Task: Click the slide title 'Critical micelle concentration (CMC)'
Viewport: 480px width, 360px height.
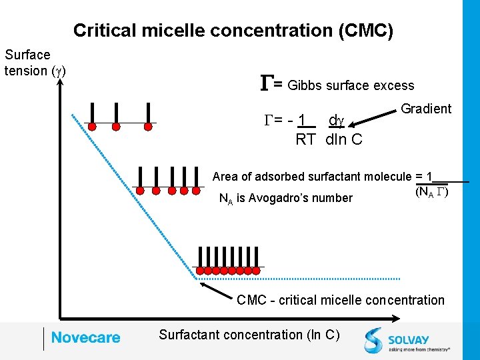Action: (x=233, y=30)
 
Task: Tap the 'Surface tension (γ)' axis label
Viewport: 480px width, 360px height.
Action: (x=35, y=63)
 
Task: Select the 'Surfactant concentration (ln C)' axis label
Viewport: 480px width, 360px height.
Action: (x=249, y=335)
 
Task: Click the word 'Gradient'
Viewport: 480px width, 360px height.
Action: (x=426, y=109)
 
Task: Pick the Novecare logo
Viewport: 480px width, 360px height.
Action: (x=85, y=338)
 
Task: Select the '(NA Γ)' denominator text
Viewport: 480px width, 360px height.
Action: (x=432, y=193)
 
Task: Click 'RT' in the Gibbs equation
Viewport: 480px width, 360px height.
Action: (x=305, y=139)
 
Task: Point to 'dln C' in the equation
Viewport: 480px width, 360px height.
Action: (x=344, y=139)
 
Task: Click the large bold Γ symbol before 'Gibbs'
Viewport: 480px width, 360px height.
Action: (x=266, y=83)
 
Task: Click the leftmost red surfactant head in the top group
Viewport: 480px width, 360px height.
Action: (x=93, y=126)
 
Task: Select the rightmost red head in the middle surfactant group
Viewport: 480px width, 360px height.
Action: (x=196, y=191)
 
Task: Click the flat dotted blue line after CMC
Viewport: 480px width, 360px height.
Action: (x=300, y=279)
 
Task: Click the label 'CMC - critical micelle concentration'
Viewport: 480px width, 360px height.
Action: (x=340, y=300)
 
